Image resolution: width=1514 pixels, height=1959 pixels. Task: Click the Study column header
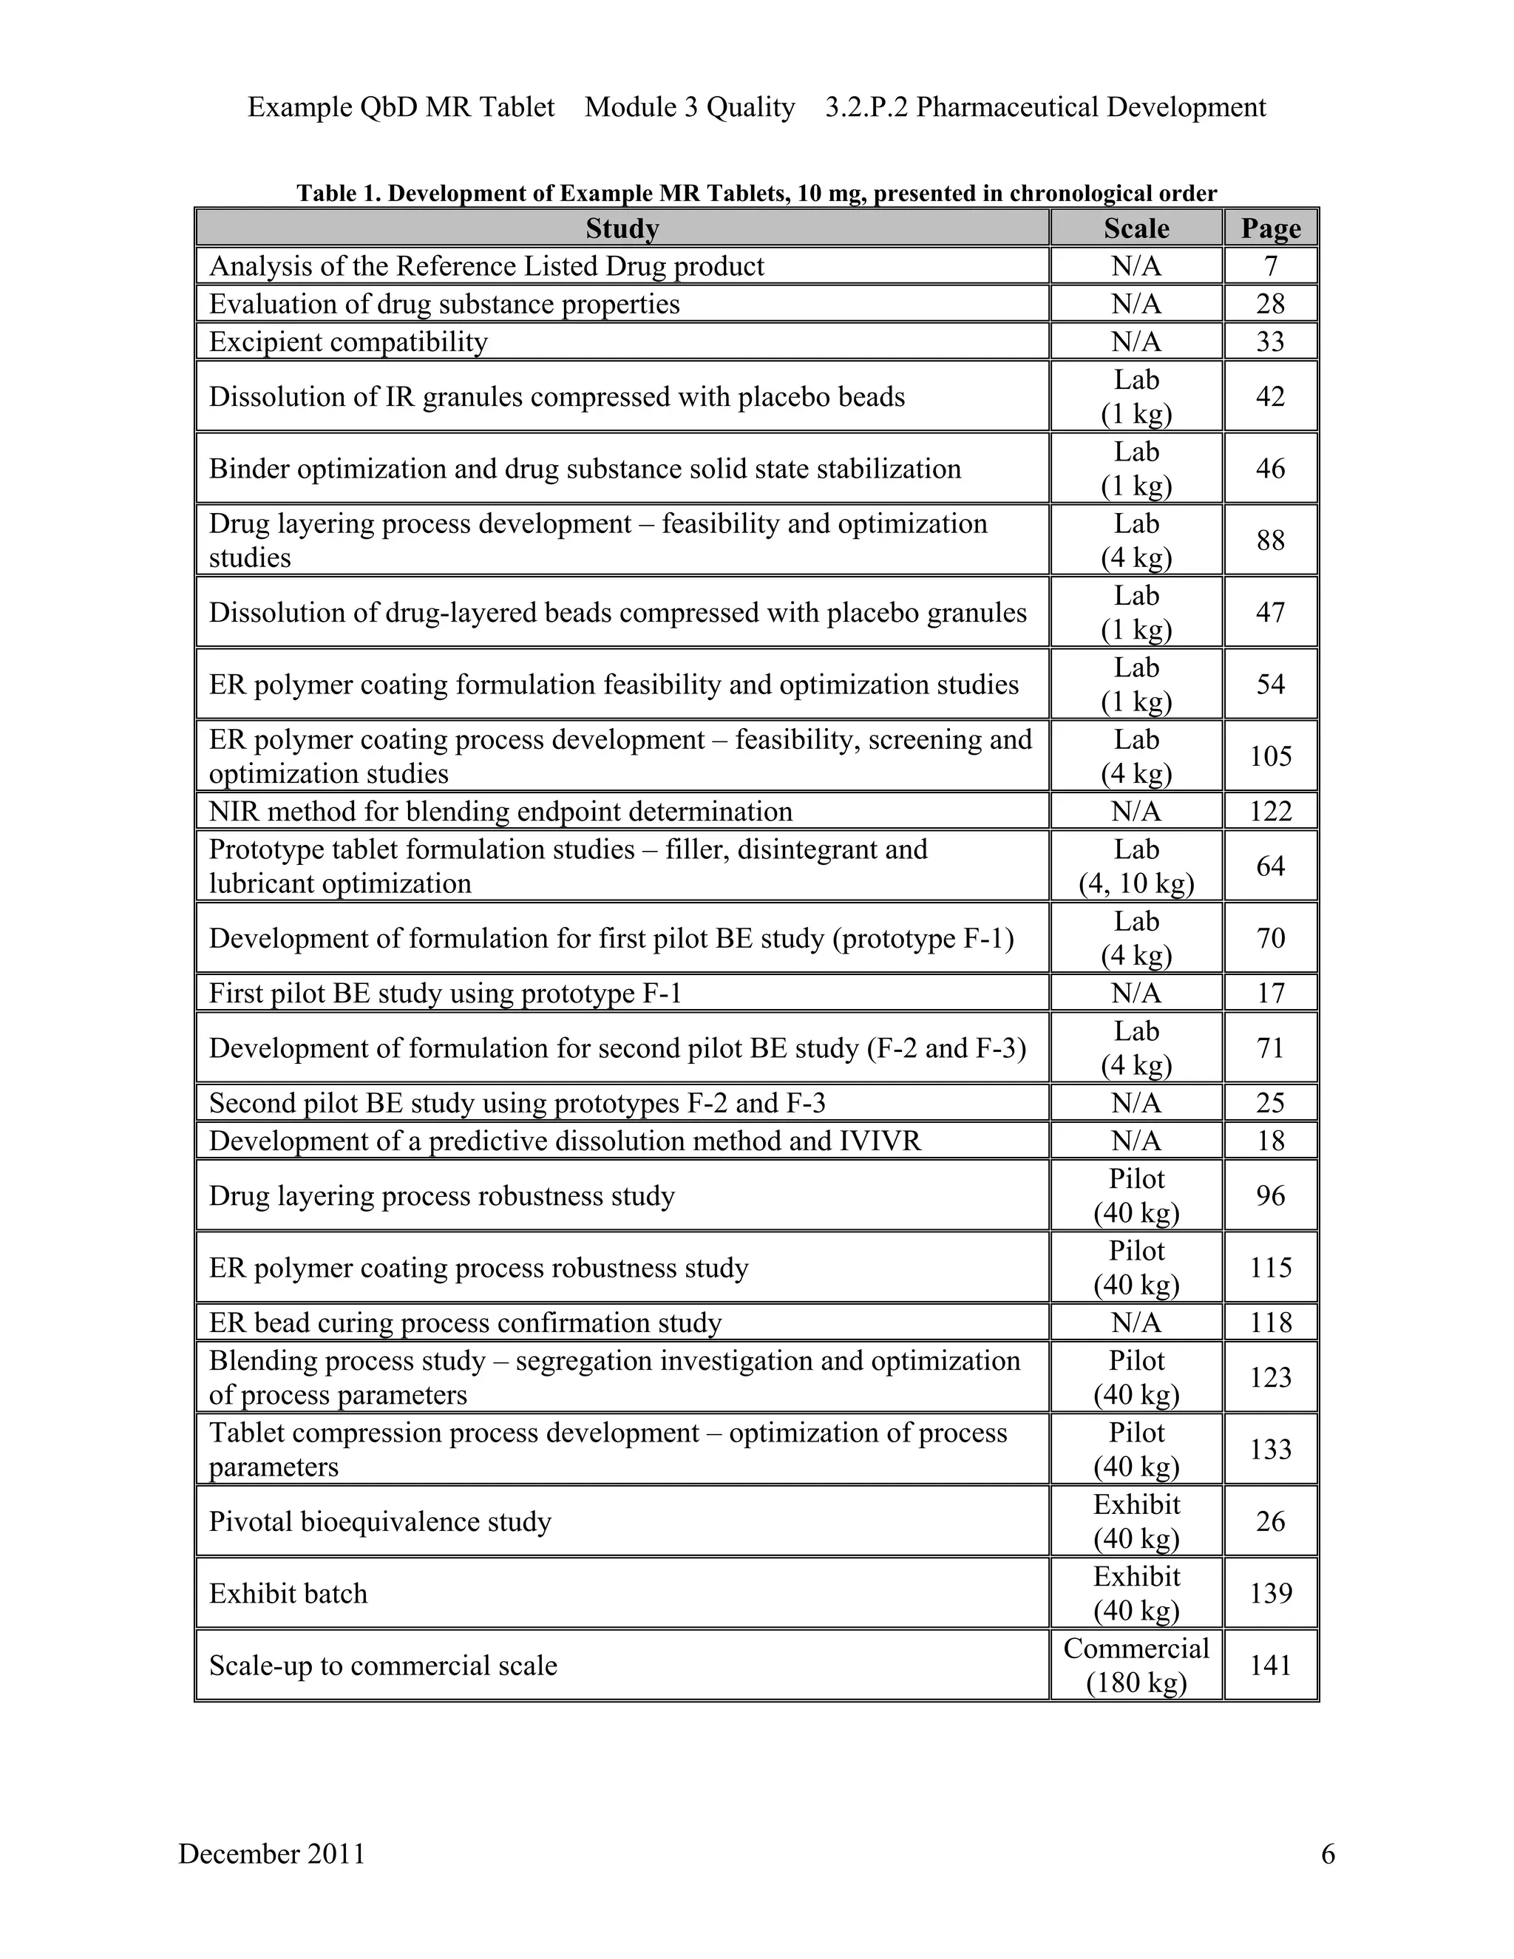622,228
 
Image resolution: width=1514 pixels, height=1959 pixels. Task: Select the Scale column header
1135,228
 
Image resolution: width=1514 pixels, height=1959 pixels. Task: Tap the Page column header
1270,228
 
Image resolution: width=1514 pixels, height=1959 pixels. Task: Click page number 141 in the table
1270,1665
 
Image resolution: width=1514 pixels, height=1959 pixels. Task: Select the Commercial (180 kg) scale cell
1135,1665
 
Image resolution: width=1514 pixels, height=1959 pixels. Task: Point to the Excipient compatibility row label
348,342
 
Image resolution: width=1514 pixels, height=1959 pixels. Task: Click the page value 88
1270,540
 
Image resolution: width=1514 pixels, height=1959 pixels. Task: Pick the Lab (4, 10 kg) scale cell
1135,866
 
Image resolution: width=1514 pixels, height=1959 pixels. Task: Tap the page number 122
1270,812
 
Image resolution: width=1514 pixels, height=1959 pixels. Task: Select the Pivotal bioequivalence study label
379,1521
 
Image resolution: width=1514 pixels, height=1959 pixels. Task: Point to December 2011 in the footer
272,1853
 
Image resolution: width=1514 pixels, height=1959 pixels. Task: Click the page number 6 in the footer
1328,1853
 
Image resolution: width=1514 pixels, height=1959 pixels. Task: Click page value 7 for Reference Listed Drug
1270,266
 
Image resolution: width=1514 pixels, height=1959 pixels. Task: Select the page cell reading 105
1270,756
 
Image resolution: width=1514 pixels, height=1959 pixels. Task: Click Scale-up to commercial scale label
383,1666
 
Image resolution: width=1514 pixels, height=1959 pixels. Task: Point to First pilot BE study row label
445,994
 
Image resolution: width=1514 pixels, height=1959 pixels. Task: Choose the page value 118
1270,1323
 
